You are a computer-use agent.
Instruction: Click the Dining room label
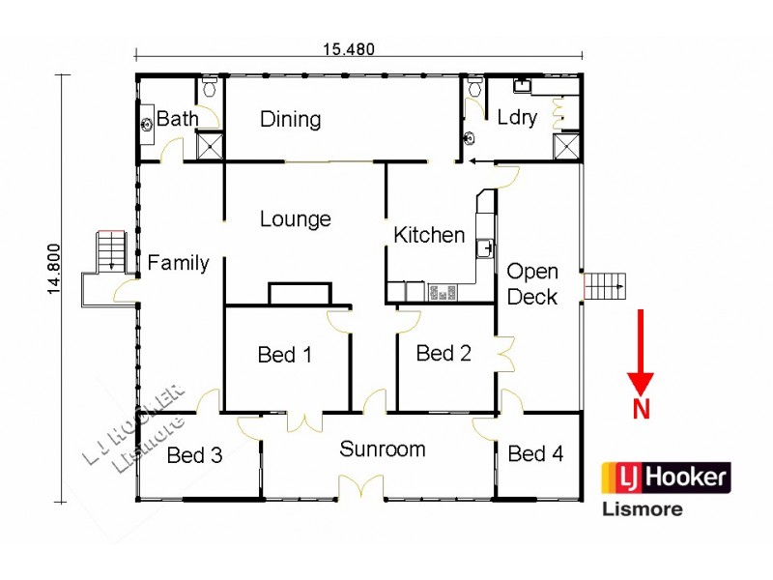coord(290,119)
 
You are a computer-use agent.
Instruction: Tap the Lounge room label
coord(295,219)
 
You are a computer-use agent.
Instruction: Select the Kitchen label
coord(429,235)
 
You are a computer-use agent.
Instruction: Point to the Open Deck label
coord(532,284)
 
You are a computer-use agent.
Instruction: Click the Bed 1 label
coord(284,355)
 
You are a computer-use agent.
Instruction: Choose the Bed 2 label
coord(444,353)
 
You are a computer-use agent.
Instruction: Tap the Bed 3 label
coord(194,455)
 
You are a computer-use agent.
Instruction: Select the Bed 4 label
coord(535,453)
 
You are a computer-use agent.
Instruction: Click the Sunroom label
coord(382,449)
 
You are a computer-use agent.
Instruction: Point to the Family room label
coord(178,262)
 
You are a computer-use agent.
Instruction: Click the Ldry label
coord(517,118)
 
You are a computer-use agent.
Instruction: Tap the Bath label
coord(177,119)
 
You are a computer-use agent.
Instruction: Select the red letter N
coord(641,410)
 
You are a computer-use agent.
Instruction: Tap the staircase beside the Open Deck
coord(606,286)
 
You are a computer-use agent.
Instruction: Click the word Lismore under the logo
coord(643,508)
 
